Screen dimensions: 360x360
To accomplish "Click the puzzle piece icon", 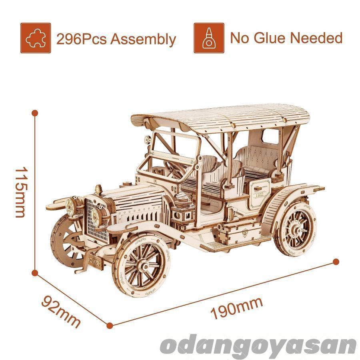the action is (36, 38).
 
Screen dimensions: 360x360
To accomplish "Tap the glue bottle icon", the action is (209, 38).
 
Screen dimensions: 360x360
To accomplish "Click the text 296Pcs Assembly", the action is (116, 39).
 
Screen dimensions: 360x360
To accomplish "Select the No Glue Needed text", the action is (286, 38).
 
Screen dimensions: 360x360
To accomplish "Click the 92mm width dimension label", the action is (61, 311).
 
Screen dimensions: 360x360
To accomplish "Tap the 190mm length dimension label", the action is (237, 308).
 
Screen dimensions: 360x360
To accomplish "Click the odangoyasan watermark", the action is (258, 346).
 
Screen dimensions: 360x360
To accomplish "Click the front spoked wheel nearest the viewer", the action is (141, 266).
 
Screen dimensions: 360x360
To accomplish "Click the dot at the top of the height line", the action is (35, 113).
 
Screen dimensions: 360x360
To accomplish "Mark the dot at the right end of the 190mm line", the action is (336, 262).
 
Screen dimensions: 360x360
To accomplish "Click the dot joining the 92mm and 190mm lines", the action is (110, 326).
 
